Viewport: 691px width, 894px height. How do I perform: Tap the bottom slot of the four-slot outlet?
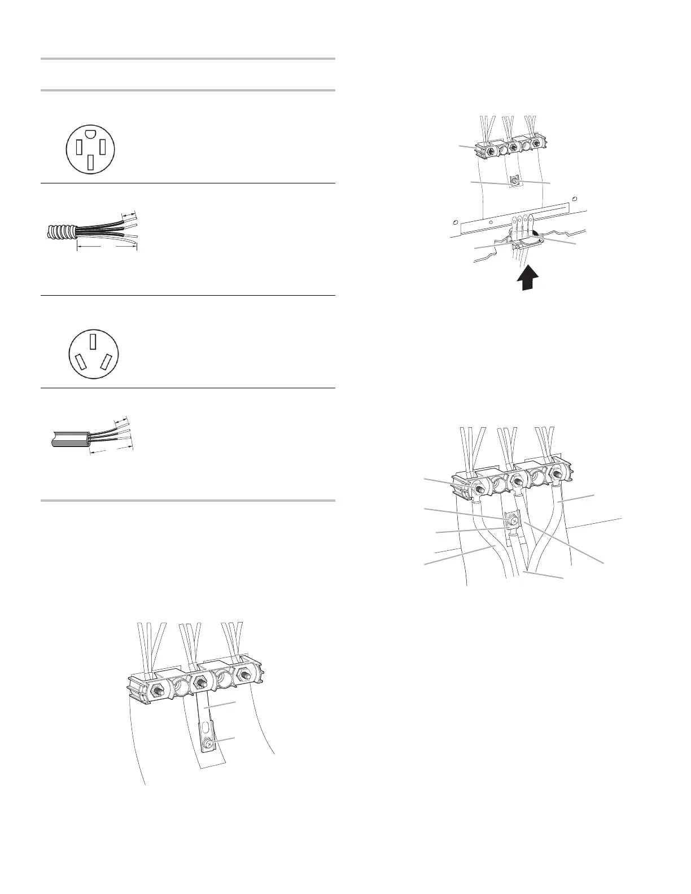point(90,162)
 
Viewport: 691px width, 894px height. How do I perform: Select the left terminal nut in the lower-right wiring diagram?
point(476,484)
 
